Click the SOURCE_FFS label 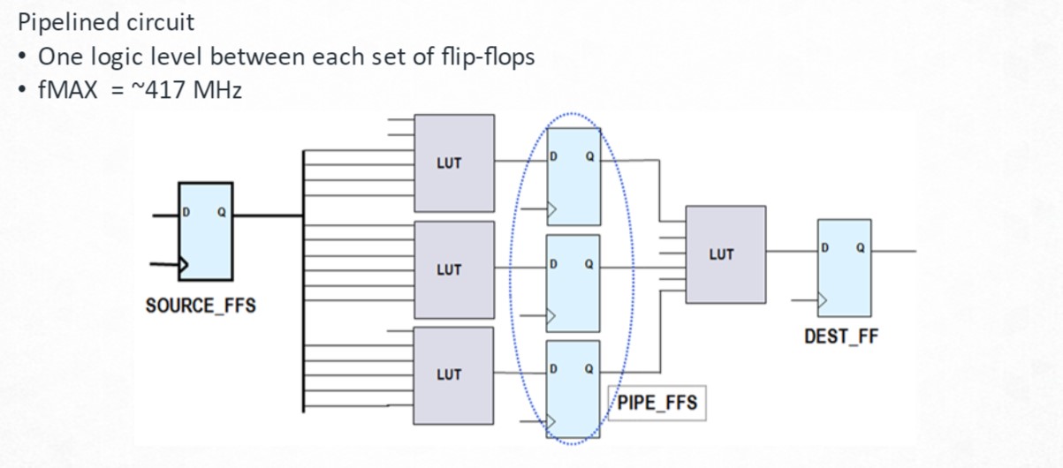point(200,306)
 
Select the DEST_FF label point(841,336)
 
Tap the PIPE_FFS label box point(657,404)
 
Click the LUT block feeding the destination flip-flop point(725,254)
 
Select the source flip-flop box point(206,230)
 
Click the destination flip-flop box point(845,267)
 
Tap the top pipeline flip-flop point(573,177)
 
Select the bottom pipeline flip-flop point(573,389)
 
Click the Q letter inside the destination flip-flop point(860,248)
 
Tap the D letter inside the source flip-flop point(186,212)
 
